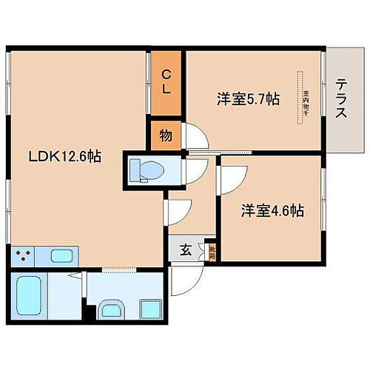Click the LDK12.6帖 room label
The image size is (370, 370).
click(x=65, y=157)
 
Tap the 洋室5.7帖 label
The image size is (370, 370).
click(x=248, y=98)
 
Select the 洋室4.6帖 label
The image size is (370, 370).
click(x=272, y=210)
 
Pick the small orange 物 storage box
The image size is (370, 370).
click(x=166, y=135)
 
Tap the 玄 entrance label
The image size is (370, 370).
click(x=186, y=250)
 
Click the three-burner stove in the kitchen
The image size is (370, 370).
click(x=22, y=257)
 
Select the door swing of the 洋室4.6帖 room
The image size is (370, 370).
click(x=231, y=175)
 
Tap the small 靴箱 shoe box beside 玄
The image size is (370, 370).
click(x=211, y=252)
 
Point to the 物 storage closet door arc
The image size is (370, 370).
click(x=193, y=136)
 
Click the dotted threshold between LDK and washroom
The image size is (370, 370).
click(x=118, y=268)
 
